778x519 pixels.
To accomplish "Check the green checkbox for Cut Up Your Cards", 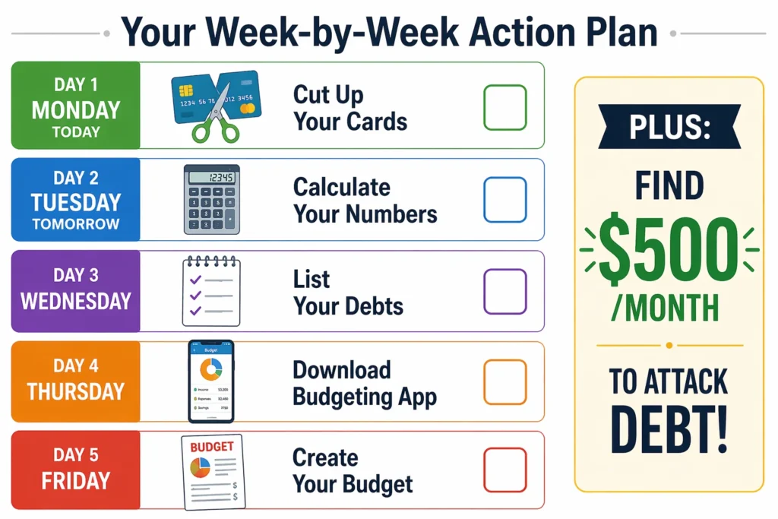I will click(504, 107).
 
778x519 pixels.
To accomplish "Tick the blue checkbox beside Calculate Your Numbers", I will click(504, 200).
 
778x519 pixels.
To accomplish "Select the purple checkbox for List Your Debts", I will click(504, 292).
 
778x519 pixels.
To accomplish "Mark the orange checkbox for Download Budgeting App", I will click(504, 382).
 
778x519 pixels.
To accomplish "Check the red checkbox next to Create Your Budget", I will click(504, 470).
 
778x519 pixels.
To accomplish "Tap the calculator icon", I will click(211, 199).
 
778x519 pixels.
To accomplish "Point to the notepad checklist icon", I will click(210, 292).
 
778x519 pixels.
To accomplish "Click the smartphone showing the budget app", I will click(211, 381).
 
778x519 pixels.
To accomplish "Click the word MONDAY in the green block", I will click(75, 109).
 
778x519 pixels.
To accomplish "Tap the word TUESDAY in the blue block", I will click(75, 202).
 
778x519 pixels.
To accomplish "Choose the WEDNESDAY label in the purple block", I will click(75, 301).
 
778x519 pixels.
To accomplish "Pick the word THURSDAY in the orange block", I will click(75, 391).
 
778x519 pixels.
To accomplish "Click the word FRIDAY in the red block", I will click(75, 481).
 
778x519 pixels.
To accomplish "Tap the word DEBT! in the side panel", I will click(669, 431).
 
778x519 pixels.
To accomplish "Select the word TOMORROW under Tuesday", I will click(75, 225).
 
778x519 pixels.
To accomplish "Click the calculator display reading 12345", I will click(211, 178).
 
